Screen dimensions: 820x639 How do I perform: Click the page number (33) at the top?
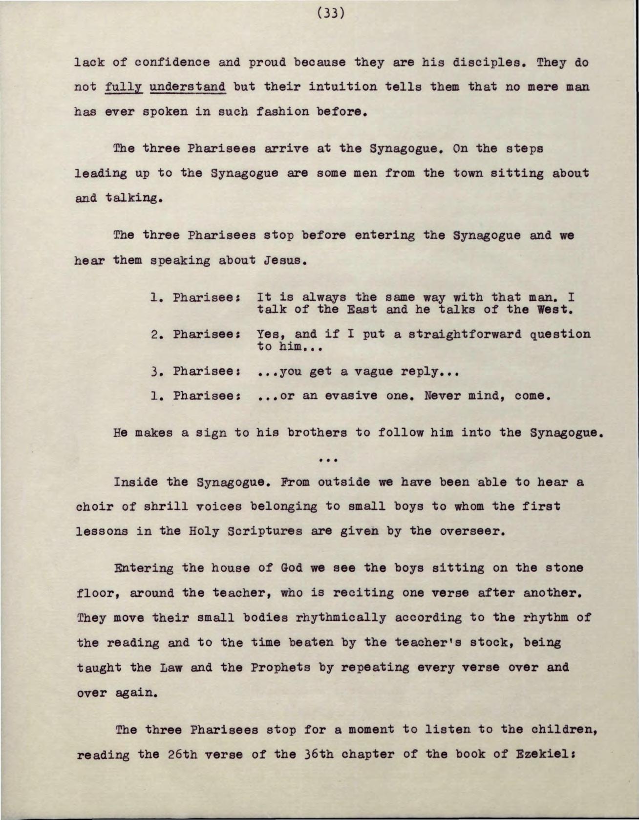[331, 13]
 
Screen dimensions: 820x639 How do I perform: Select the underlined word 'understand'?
[188, 87]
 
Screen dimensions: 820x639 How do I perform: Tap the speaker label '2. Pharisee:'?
[194, 335]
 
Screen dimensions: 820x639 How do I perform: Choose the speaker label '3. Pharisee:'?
[194, 372]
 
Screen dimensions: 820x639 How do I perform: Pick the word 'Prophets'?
[280, 668]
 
